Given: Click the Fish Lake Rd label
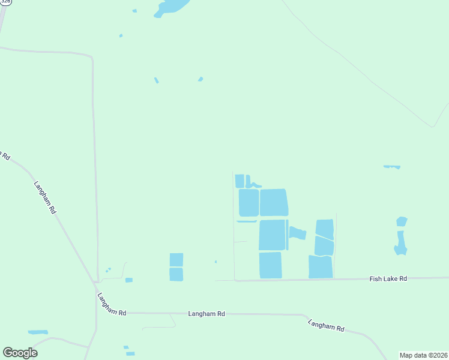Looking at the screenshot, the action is click(388, 279).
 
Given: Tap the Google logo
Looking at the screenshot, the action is click(20, 353).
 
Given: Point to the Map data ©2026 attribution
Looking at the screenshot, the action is click(424, 355).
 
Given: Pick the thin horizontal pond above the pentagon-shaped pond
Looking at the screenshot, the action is click(392, 166).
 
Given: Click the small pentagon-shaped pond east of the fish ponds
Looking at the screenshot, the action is click(402, 221).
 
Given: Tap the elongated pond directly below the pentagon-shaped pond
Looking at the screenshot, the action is click(400, 242).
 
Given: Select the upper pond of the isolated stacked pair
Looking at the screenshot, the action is click(176, 260).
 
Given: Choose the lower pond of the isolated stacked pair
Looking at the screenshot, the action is click(176, 274).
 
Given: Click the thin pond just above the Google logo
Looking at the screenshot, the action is click(38, 332).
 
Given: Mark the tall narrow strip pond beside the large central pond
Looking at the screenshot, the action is click(287, 235).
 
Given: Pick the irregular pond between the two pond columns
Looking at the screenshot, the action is click(297, 233).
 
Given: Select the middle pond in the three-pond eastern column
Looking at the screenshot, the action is click(324, 245).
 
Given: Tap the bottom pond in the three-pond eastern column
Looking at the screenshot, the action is click(321, 267).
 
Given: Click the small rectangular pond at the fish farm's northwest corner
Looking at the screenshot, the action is click(240, 181).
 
